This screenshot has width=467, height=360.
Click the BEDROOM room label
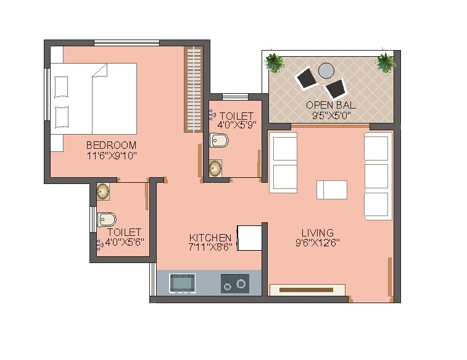click(x=111, y=146)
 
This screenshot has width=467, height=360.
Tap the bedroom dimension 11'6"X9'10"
click(x=111, y=156)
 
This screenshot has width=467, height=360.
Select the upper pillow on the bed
click(x=62, y=86)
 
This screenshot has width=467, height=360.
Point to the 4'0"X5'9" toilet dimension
click(x=236, y=126)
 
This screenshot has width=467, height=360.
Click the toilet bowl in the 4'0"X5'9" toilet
click(x=219, y=141)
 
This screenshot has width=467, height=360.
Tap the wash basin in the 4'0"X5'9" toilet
click(x=215, y=168)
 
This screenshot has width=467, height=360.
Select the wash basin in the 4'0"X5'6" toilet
click(x=102, y=191)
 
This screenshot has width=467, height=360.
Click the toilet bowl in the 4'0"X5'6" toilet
click(x=107, y=219)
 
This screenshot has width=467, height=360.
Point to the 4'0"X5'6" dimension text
click(x=125, y=242)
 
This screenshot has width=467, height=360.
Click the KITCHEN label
click(x=210, y=238)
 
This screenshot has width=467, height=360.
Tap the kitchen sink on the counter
click(x=182, y=283)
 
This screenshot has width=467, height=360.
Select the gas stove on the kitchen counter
click(x=235, y=283)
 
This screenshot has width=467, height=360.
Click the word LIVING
click(x=317, y=233)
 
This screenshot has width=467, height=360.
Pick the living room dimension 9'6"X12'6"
click(x=317, y=243)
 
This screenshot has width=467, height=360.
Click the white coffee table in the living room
click(x=331, y=190)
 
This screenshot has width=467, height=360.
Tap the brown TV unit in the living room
click(x=307, y=289)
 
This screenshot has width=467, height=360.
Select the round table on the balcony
click(x=326, y=70)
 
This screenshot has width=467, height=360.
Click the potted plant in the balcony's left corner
click(x=275, y=62)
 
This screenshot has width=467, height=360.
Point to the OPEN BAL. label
click(x=331, y=105)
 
